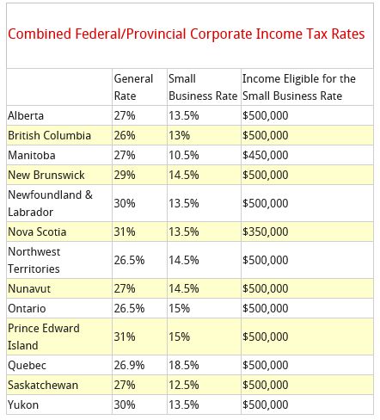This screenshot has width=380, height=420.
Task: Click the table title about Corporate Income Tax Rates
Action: click(x=187, y=34)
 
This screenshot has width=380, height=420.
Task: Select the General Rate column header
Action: click(x=133, y=87)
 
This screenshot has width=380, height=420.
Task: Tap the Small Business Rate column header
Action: click(x=203, y=87)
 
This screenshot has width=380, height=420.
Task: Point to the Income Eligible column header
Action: click(x=299, y=87)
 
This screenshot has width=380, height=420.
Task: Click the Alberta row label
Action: click(x=26, y=115)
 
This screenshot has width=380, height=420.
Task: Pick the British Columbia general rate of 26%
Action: click(x=125, y=135)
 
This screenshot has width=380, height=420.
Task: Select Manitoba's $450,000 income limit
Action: click(x=266, y=155)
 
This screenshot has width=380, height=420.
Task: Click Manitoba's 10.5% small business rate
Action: click(x=184, y=155)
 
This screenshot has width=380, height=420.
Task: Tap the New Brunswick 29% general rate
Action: click(x=125, y=175)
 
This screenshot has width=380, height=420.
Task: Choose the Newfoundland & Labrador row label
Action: click(x=51, y=203)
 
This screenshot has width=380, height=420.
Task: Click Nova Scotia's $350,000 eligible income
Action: click(x=266, y=232)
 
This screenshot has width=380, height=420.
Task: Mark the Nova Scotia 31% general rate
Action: click(x=125, y=232)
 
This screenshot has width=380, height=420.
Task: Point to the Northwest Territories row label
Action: click(x=34, y=260)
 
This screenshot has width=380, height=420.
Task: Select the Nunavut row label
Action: click(x=29, y=288)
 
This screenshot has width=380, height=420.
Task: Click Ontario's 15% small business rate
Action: click(x=179, y=308)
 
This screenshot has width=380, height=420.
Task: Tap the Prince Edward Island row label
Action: click(x=44, y=337)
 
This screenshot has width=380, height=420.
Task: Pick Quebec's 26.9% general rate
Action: click(x=129, y=365)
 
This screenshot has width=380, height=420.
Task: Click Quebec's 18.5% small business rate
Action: click(x=184, y=365)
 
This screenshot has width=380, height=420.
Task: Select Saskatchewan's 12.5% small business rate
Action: click(x=184, y=385)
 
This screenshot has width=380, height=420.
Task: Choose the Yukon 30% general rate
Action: click(x=125, y=405)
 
